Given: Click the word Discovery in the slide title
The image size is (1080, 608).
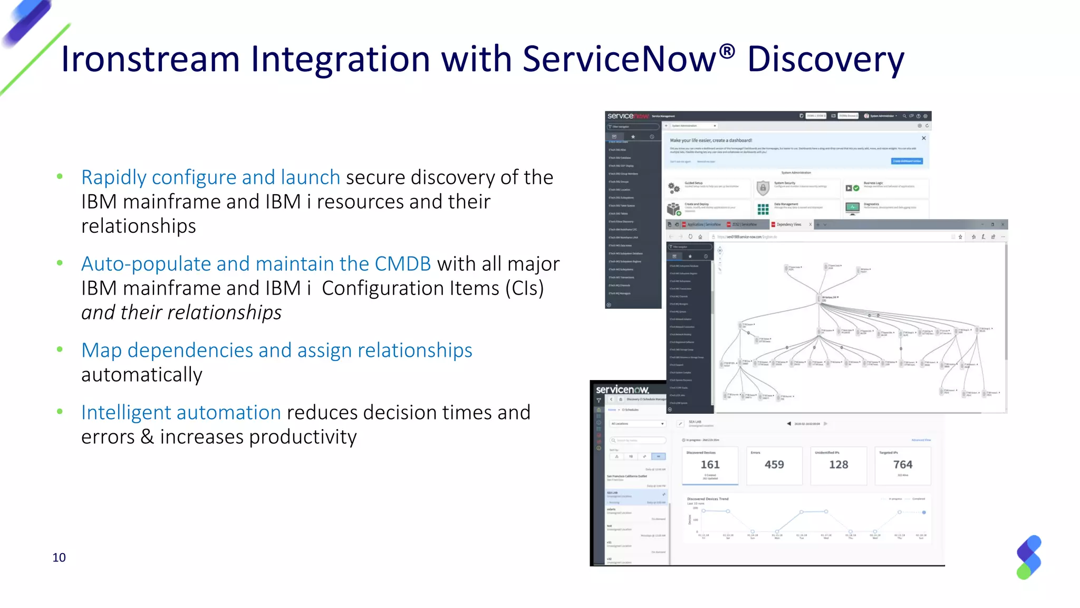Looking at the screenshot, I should pos(825,59).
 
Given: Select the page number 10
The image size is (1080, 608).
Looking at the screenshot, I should pos(59,557).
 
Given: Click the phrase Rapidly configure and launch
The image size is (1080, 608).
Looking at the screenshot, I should pos(210,177).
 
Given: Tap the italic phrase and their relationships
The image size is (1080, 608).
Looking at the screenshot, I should pos(181,312).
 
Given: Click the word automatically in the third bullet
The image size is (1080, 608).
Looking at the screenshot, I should pos(141,375).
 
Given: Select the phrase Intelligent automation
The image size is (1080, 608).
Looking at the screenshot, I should pos(181,413).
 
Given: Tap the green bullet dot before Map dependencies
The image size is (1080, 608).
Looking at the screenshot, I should pos(60,349).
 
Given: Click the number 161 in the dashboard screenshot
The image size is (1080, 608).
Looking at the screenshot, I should pos(710,464).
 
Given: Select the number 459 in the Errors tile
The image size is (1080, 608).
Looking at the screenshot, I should pos(774,464).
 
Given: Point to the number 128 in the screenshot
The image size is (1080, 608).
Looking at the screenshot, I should pos(838,464).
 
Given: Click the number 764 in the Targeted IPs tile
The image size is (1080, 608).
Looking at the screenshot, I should pos(902,464).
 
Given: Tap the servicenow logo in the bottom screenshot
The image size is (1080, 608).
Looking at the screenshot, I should pos(622,389).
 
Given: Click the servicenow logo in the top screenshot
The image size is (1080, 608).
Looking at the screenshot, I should pos(628,116).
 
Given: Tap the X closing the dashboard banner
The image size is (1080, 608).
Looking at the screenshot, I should pos(923,138).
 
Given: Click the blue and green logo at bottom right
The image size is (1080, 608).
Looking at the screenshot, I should pos(1029,557).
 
